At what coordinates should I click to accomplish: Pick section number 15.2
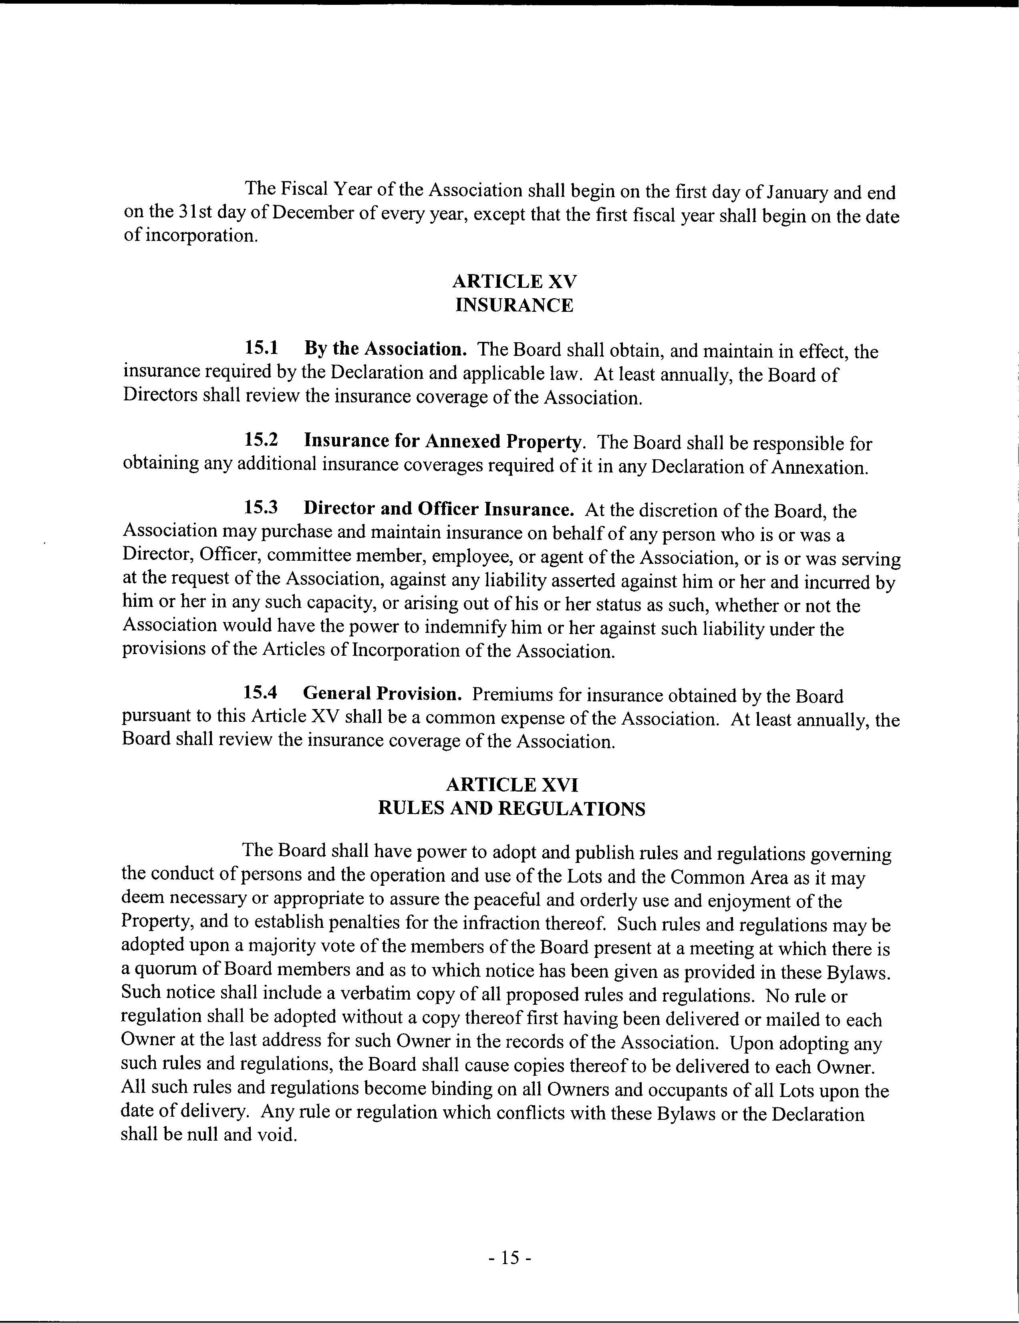pyautogui.click(x=261, y=440)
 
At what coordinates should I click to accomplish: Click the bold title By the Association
pyautogui.click(x=385, y=349)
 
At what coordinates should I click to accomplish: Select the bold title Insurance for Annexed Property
pyautogui.click(x=442, y=442)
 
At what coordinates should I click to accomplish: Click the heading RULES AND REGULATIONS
pyautogui.click(x=512, y=809)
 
